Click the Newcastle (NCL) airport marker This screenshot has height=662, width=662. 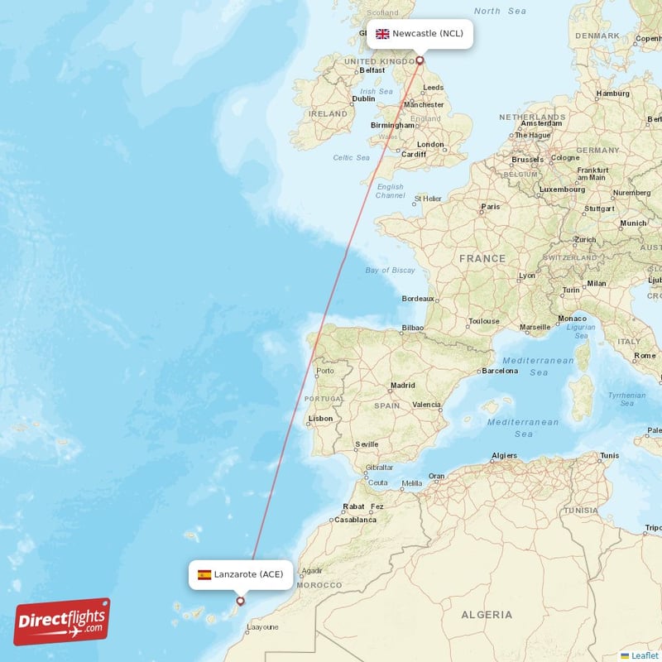(x=420, y=60)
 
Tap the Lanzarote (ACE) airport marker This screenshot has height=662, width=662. (x=240, y=602)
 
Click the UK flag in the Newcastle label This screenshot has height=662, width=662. (x=382, y=34)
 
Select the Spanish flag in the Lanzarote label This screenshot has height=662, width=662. (x=204, y=574)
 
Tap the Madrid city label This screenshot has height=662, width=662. (x=403, y=386)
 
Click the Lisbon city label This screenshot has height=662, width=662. (x=320, y=419)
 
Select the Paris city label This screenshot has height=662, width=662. (x=491, y=207)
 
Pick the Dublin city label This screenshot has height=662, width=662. (x=363, y=98)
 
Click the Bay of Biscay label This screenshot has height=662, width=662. (x=391, y=271)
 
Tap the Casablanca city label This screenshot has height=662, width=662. (x=355, y=520)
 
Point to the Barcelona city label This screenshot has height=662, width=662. (x=500, y=371)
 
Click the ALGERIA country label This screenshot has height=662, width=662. (x=486, y=615)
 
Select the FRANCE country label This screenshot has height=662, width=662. (x=482, y=259)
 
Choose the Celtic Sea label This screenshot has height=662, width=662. (x=353, y=157)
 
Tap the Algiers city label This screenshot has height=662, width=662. (x=504, y=456)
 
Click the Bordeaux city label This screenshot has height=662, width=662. (x=418, y=298)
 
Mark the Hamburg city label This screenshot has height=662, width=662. (x=612, y=94)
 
